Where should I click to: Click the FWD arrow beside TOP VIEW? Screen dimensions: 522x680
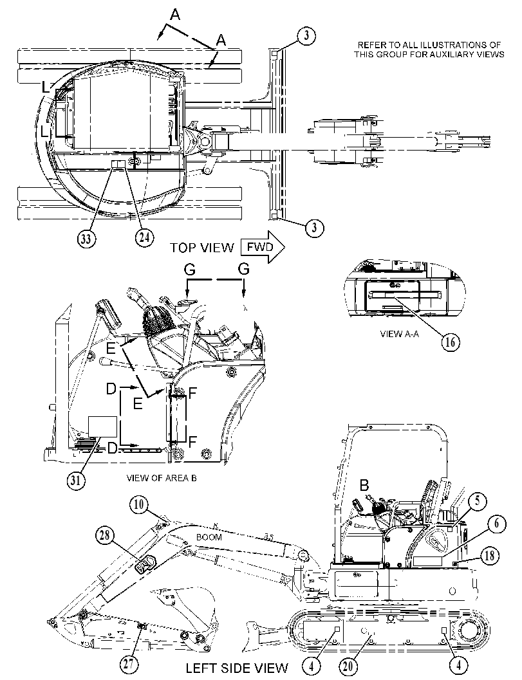tap(263, 247)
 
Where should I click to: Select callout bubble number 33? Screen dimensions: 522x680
tap(87, 239)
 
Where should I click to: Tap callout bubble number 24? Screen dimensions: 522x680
tap(144, 237)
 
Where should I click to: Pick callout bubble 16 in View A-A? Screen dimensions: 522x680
tap(451, 342)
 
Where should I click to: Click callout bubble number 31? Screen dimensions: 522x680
tap(76, 482)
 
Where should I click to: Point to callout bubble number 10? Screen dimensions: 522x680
tap(139, 504)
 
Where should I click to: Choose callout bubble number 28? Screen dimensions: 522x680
tap(104, 537)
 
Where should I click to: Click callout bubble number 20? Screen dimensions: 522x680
tap(348, 666)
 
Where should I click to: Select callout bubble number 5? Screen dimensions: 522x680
tap(478, 501)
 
